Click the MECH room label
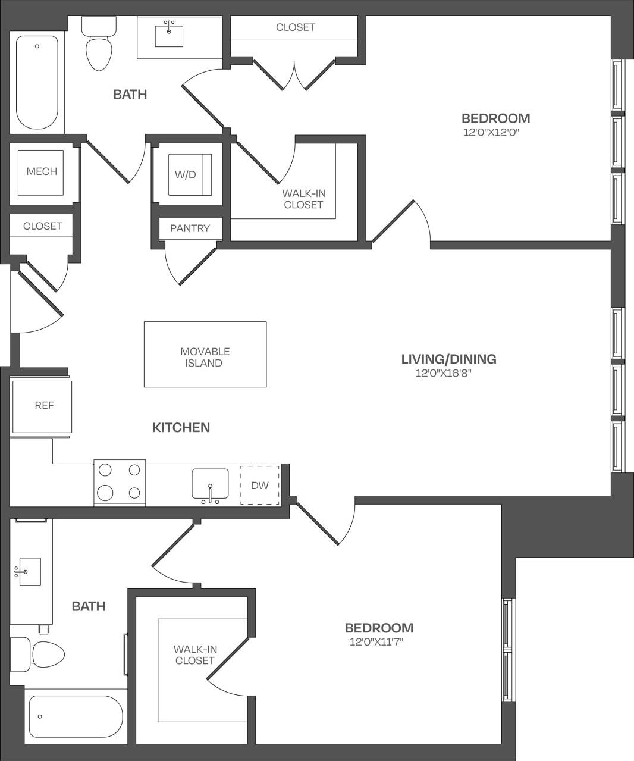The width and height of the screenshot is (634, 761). pos(42,171)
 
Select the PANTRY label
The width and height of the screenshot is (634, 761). pos(190,228)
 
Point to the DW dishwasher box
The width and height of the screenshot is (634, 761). pos(260,486)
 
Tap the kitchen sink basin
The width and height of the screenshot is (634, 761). pos(210,483)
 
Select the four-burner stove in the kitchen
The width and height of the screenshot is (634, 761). pos(120,483)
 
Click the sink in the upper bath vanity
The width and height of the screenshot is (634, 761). pos(170,35)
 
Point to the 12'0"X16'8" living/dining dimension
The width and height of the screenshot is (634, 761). pos(447,374)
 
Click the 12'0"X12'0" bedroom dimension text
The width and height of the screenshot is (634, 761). pos(491,133)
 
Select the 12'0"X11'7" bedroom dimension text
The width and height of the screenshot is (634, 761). pos(379,642)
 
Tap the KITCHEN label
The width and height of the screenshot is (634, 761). pos(181,427)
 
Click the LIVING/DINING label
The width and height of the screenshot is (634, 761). pos(448,359)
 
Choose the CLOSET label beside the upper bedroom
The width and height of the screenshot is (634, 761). pos(295,27)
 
